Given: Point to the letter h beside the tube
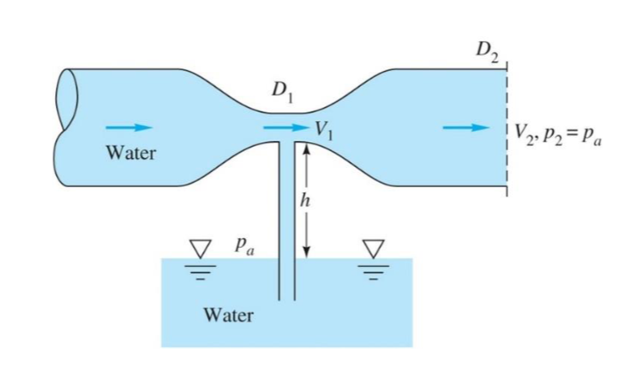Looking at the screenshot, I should click(305, 199).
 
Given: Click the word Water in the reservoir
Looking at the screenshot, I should click(228, 314).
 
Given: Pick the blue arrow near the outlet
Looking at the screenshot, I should click(465, 127).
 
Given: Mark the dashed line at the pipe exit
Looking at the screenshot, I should click(507, 132).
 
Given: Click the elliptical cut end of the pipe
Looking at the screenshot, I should click(67, 127).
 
